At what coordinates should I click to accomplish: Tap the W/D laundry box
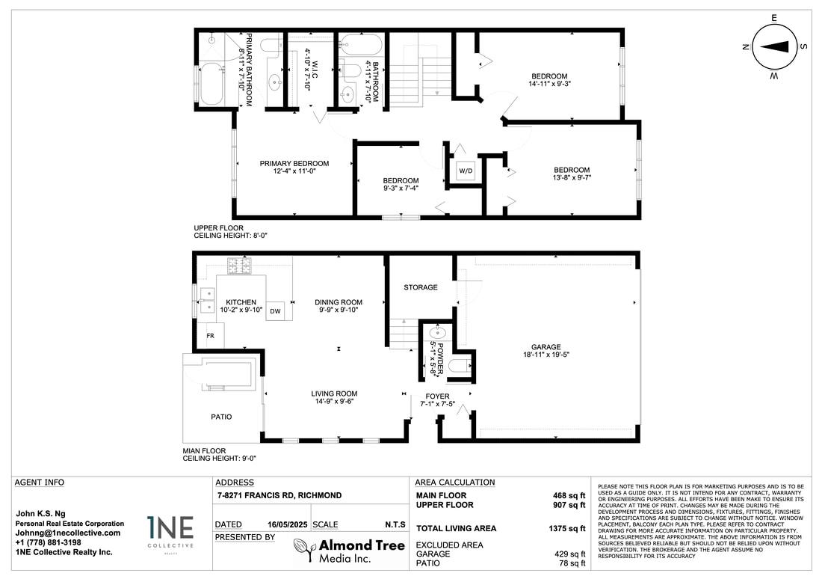466,171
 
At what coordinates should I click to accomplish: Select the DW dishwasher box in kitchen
275,311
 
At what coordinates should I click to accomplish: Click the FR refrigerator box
211,335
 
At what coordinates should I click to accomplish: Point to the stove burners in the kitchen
239,266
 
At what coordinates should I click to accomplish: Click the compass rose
773,47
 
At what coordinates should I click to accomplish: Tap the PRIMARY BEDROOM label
294,164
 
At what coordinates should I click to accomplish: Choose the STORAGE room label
421,287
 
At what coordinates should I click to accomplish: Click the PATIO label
221,417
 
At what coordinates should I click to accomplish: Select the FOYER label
437,396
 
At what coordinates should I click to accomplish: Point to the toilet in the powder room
460,366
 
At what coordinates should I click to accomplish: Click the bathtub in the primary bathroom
212,84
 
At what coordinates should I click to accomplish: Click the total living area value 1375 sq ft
566,528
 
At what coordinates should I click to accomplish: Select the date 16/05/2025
287,525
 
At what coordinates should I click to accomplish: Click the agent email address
67,533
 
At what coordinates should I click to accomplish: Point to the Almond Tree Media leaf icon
304,551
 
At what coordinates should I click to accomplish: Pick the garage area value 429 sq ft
570,554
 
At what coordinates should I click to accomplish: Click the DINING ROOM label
338,302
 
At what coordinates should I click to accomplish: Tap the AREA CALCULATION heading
455,483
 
